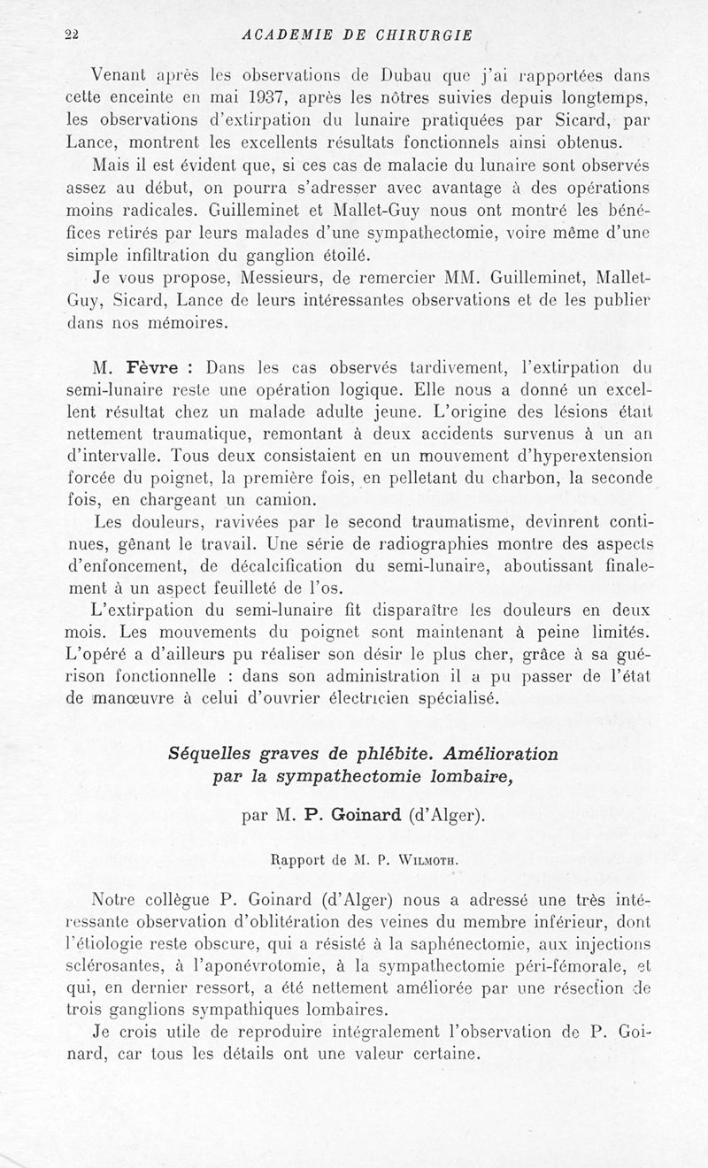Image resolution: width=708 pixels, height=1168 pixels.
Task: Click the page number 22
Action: (72, 35)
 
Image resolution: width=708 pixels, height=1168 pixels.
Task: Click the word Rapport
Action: (296, 857)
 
